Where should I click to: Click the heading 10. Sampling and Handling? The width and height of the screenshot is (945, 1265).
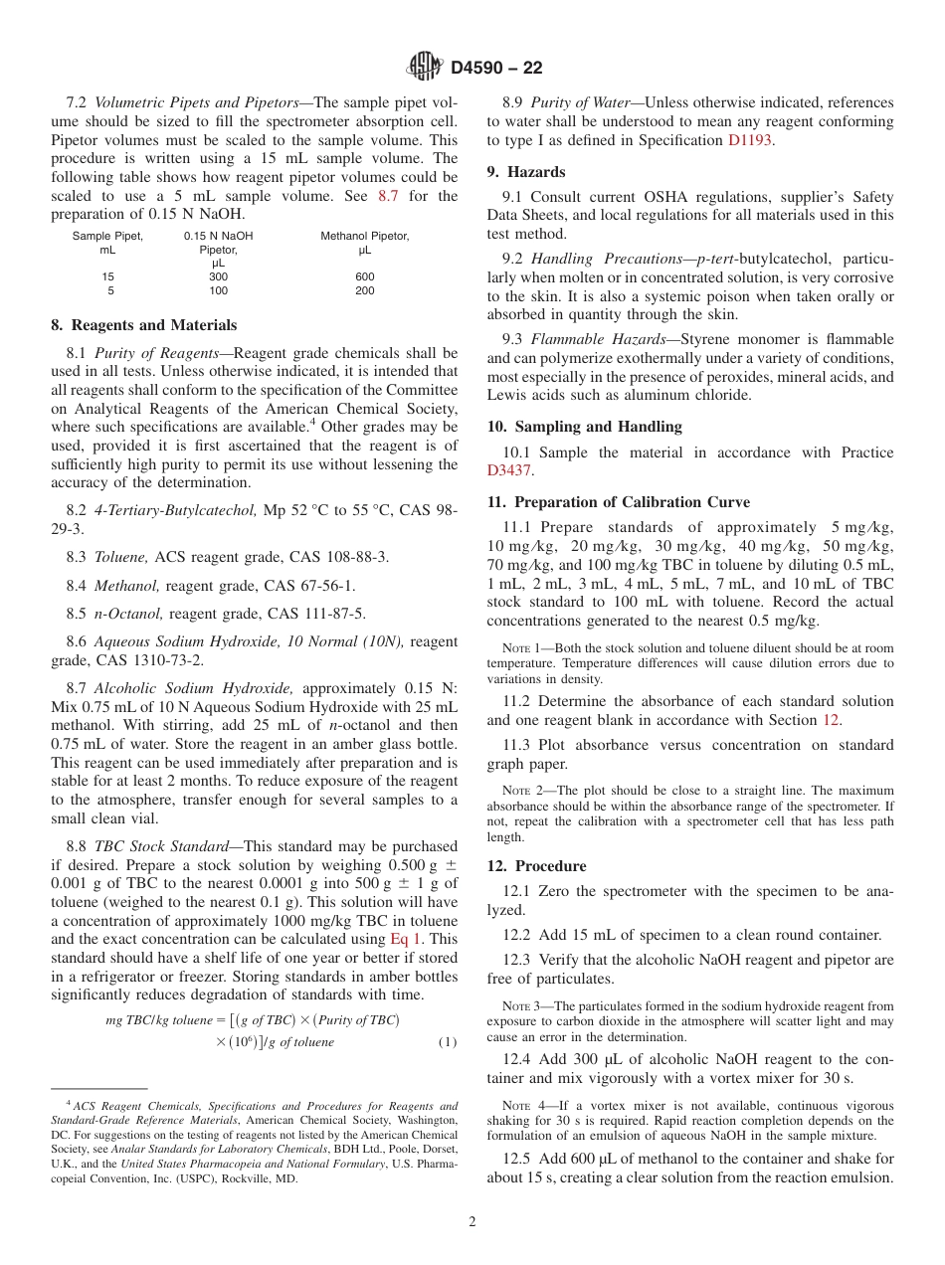584,427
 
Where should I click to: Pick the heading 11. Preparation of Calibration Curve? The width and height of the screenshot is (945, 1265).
619,501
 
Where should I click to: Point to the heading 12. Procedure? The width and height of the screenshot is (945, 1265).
536,865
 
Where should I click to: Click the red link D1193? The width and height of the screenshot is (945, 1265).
750,139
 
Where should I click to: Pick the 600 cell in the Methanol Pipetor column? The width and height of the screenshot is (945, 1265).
364,277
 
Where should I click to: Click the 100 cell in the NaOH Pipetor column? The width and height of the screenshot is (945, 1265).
218,291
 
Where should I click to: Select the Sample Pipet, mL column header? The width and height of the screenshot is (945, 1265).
107,243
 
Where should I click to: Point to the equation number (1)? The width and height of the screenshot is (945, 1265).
448,1042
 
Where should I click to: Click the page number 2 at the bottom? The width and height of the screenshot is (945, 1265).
472,1222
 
